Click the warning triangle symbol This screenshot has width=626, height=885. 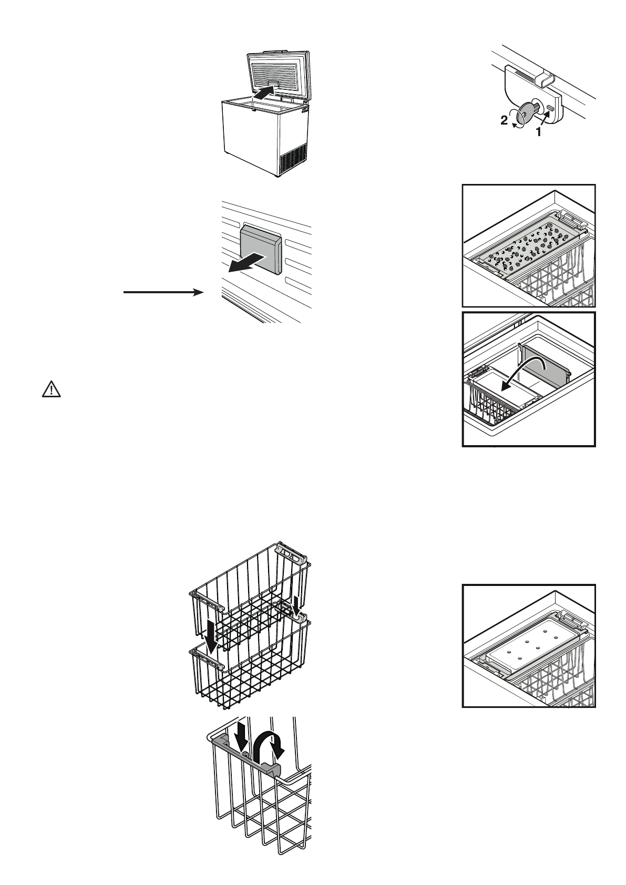pyautogui.click(x=51, y=389)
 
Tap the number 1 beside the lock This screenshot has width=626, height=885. pyautogui.click(x=538, y=132)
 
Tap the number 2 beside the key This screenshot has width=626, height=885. pyautogui.click(x=504, y=121)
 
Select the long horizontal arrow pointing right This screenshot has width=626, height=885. pyautogui.click(x=163, y=292)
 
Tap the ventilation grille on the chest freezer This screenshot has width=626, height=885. pyautogui.click(x=293, y=159)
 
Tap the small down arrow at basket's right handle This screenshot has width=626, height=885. pyautogui.click(x=297, y=604)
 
